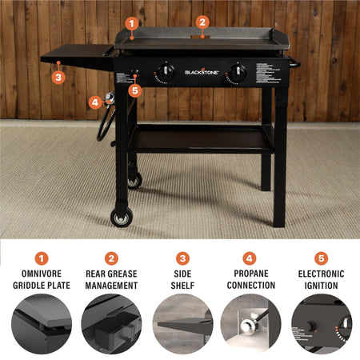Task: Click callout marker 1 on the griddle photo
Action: pos(132,24)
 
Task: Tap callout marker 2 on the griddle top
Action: pos(202,22)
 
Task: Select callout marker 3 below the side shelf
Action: pos(58,78)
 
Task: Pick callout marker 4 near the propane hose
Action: pos(96,102)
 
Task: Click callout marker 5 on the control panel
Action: pos(135,90)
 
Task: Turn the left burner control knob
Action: pos(166,72)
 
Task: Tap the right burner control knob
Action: pos(238,72)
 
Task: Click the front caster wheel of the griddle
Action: pos(122,216)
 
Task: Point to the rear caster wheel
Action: pos(134,180)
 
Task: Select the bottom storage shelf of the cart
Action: pos(200,138)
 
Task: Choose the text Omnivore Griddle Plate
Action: pos(42,279)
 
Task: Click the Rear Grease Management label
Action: pos(111,279)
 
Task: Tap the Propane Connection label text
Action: pos(250,279)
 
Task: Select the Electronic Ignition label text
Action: pos(321,279)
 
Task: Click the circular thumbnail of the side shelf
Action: pos(182,324)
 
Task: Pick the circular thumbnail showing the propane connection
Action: pos(250,324)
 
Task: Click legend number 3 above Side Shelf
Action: pos(182,258)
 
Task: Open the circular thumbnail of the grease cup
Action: pos(111,324)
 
